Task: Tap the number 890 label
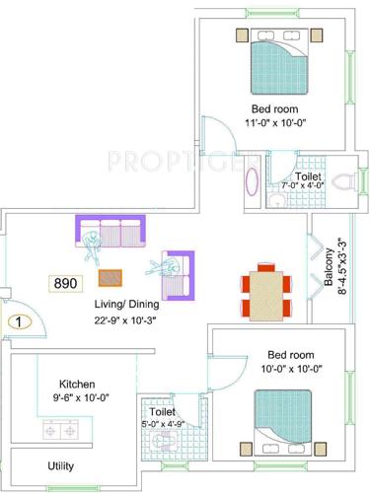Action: point(65,283)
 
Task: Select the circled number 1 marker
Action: point(18,320)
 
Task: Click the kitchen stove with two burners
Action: point(59,430)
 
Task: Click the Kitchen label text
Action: point(76,384)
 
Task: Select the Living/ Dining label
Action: point(128,304)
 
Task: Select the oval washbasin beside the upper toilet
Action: point(251,183)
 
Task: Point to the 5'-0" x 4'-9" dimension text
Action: point(164,424)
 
